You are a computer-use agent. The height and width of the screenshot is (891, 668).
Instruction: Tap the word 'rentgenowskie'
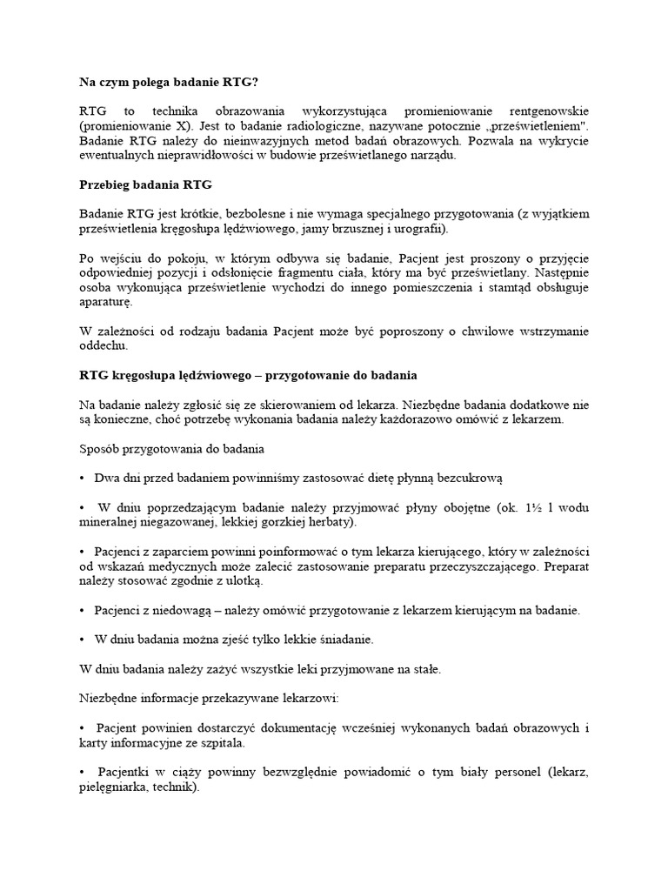(545, 111)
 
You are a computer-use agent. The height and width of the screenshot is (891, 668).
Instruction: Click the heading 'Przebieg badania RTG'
(145, 185)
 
